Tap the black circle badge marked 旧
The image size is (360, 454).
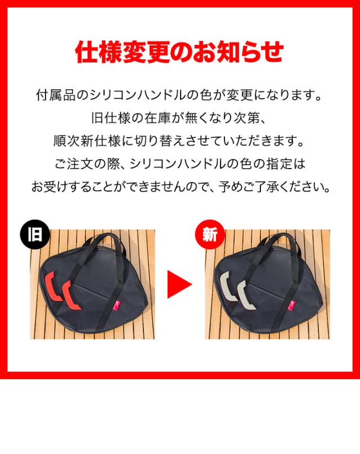35,234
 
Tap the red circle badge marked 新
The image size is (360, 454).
210,234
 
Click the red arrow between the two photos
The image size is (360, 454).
179,284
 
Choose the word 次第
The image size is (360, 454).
246,118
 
